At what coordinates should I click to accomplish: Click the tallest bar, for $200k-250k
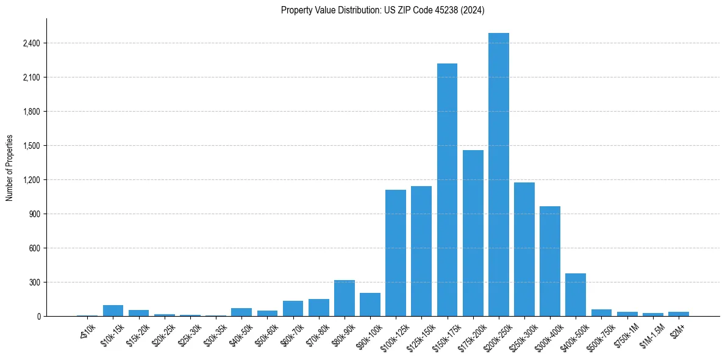tap(498, 175)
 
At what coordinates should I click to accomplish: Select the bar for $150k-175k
tap(447, 190)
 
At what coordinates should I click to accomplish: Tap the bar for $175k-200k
tap(473, 233)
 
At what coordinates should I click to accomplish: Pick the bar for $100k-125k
tap(395, 253)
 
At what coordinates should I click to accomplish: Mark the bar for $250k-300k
tap(524, 249)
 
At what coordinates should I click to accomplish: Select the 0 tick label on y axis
tap(38, 317)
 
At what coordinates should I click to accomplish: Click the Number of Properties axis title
tap(9, 168)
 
